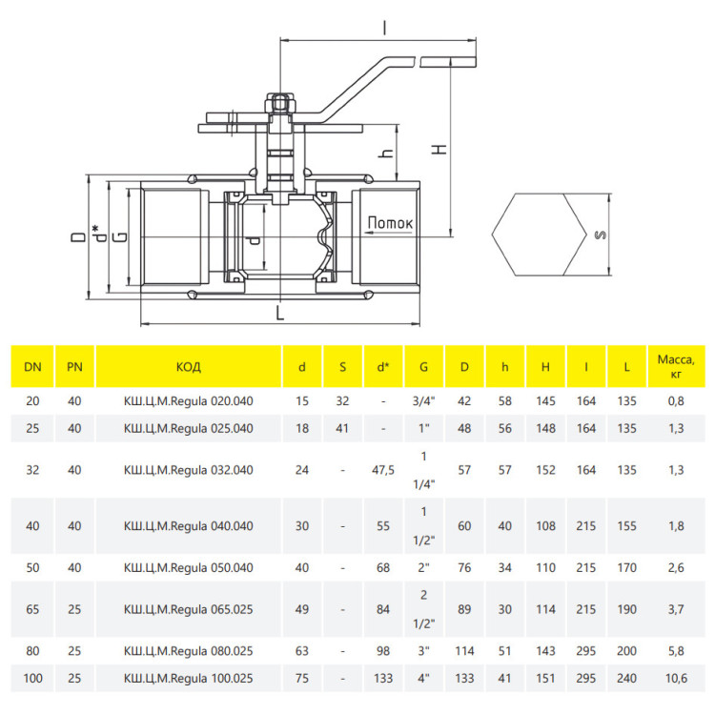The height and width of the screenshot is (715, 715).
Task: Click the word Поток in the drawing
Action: click(390, 223)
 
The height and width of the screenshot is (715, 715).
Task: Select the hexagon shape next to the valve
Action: click(539, 235)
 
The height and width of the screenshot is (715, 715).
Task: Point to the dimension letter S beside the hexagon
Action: click(601, 235)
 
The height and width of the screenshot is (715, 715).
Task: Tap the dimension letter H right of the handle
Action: click(439, 149)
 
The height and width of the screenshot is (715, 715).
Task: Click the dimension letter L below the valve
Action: click(280, 313)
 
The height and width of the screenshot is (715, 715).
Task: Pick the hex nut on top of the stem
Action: click(280, 103)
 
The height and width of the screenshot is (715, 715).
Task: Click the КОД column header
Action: click(189, 367)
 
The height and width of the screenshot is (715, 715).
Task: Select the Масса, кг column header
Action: click(676, 367)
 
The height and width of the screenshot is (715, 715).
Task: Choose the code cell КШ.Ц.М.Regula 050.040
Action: click(189, 568)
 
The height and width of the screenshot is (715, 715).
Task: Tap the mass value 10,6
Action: click(676, 679)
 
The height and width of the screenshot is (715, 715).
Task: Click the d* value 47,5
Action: click(383, 470)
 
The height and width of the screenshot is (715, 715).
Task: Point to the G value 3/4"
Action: click(423, 400)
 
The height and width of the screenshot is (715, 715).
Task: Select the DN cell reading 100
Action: click(32, 679)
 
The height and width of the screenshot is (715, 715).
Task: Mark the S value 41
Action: click(342, 428)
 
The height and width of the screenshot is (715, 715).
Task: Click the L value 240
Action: click(626, 679)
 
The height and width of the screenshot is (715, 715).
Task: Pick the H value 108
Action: click(545, 526)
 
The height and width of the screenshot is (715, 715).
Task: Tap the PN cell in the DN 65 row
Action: click(74, 609)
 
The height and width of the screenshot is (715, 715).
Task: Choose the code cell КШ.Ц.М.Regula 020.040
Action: click(189, 400)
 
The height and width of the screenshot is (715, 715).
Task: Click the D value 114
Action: click(464, 651)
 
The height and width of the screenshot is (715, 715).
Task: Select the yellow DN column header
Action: click(32, 367)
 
